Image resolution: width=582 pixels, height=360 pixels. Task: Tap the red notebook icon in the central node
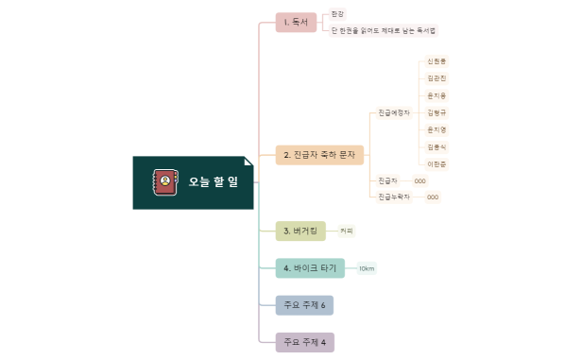(x=165, y=181)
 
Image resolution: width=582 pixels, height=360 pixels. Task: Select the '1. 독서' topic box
(x=296, y=23)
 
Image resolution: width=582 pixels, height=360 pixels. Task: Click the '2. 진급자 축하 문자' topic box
(x=319, y=154)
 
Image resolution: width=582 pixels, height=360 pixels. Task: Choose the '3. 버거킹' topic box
(x=300, y=231)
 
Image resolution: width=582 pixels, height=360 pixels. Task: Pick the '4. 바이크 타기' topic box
(x=310, y=268)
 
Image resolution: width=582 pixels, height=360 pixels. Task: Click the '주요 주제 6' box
(x=304, y=305)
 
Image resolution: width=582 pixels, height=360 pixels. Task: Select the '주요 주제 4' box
(x=304, y=342)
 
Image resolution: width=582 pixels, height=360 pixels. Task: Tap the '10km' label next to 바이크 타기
(x=367, y=268)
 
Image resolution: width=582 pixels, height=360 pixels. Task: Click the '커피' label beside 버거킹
(x=347, y=231)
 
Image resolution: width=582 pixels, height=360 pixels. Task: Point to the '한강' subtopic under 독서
(x=338, y=14)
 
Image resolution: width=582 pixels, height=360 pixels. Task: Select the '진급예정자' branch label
(x=394, y=112)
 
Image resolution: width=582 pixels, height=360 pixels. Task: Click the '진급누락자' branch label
(x=394, y=197)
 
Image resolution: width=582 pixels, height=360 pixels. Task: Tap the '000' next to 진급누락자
(x=432, y=197)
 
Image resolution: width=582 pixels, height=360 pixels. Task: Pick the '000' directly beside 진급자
(x=419, y=180)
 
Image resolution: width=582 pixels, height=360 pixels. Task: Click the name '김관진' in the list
(x=436, y=78)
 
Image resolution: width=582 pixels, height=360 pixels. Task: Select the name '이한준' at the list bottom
(x=436, y=163)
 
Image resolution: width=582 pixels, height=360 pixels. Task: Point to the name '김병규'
(x=436, y=112)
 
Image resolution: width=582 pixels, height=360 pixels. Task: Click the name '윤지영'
(x=436, y=129)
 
